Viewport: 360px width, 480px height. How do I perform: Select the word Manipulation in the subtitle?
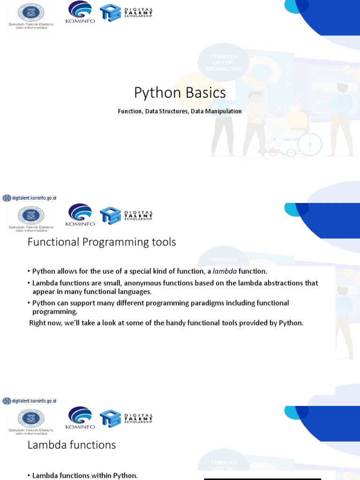223,112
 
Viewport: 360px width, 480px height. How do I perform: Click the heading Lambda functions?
72,445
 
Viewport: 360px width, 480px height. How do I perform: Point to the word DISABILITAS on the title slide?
224,69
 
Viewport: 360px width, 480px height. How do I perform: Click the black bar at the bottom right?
262,479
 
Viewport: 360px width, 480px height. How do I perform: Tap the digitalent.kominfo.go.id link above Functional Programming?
30,198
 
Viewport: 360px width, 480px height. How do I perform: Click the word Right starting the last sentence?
37,323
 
